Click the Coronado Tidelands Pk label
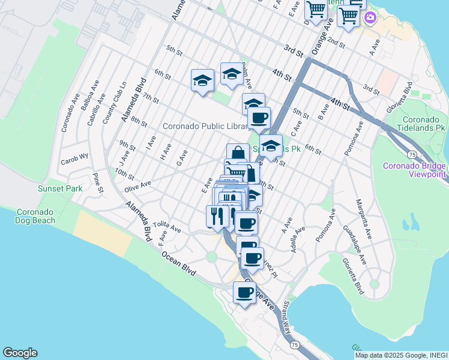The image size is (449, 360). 423,124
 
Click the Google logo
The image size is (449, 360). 20,353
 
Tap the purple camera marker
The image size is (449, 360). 370,18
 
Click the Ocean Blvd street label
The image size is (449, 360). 180,263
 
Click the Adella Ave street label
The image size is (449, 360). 295,238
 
